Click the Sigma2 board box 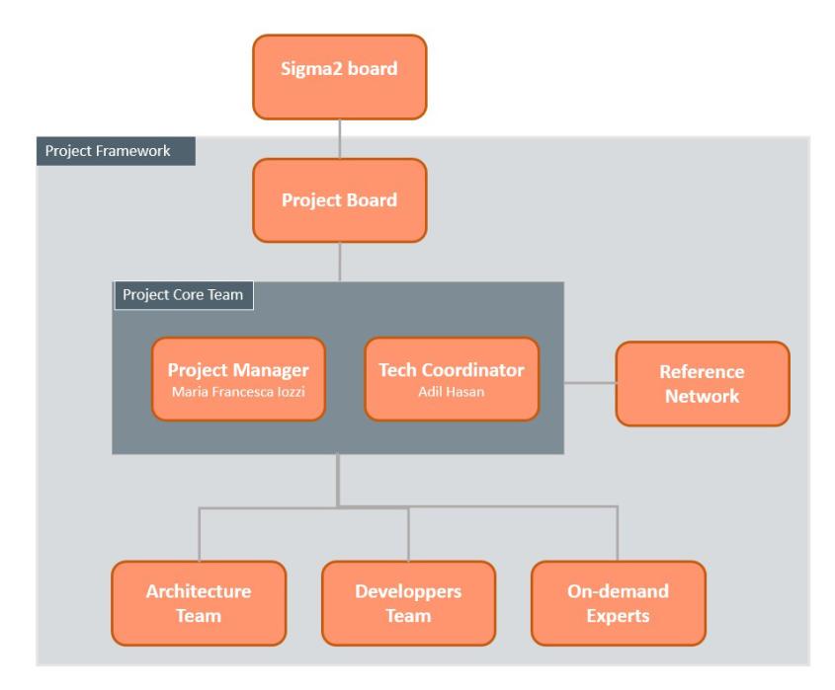point(339,77)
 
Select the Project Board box point(339,200)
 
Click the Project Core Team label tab point(184,295)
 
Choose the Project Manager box point(238,379)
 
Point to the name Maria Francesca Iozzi point(238,393)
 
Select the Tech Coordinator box point(452,379)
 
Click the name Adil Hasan point(452,393)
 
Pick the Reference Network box point(702,383)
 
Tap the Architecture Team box point(198,603)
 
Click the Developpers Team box point(408,603)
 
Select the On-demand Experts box point(618,603)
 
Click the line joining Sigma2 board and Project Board point(339,138)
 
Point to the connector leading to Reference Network point(589,383)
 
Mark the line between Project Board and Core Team point(339,262)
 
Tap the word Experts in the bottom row point(618,616)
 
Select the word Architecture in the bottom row point(198,591)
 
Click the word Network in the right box point(702,396)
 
